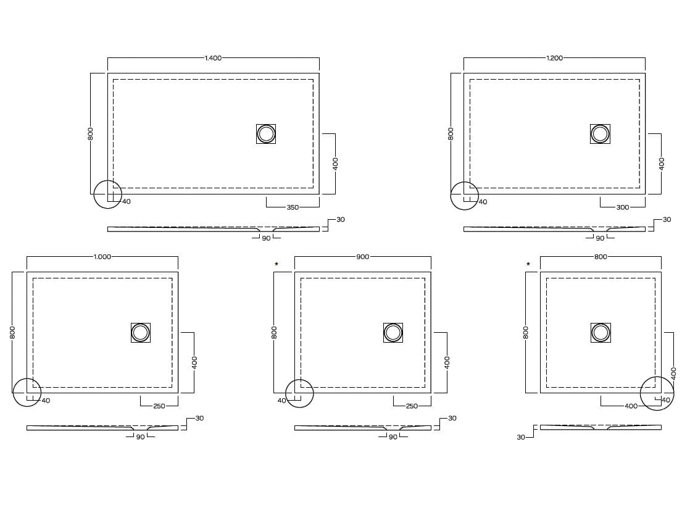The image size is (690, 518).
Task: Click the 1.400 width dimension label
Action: tap(214, 58)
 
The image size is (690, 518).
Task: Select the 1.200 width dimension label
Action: tap(554, 58)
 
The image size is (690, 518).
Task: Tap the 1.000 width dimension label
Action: tap(102, 257)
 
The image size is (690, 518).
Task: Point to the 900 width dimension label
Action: tap(363, 257)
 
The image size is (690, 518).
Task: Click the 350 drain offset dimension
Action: tap(293, 207)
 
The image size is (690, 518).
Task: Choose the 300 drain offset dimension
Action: tap(623, 207)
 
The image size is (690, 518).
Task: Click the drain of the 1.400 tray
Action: tap(266, 134)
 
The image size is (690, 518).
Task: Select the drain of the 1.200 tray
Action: tap(601, 134)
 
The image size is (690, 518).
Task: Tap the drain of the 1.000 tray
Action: tap(141, 333)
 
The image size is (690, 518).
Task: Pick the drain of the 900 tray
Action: tap(393, 333)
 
